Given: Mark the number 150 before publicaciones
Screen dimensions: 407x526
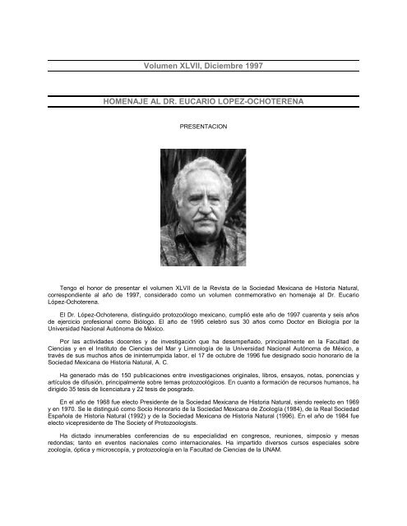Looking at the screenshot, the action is [101, 379].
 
